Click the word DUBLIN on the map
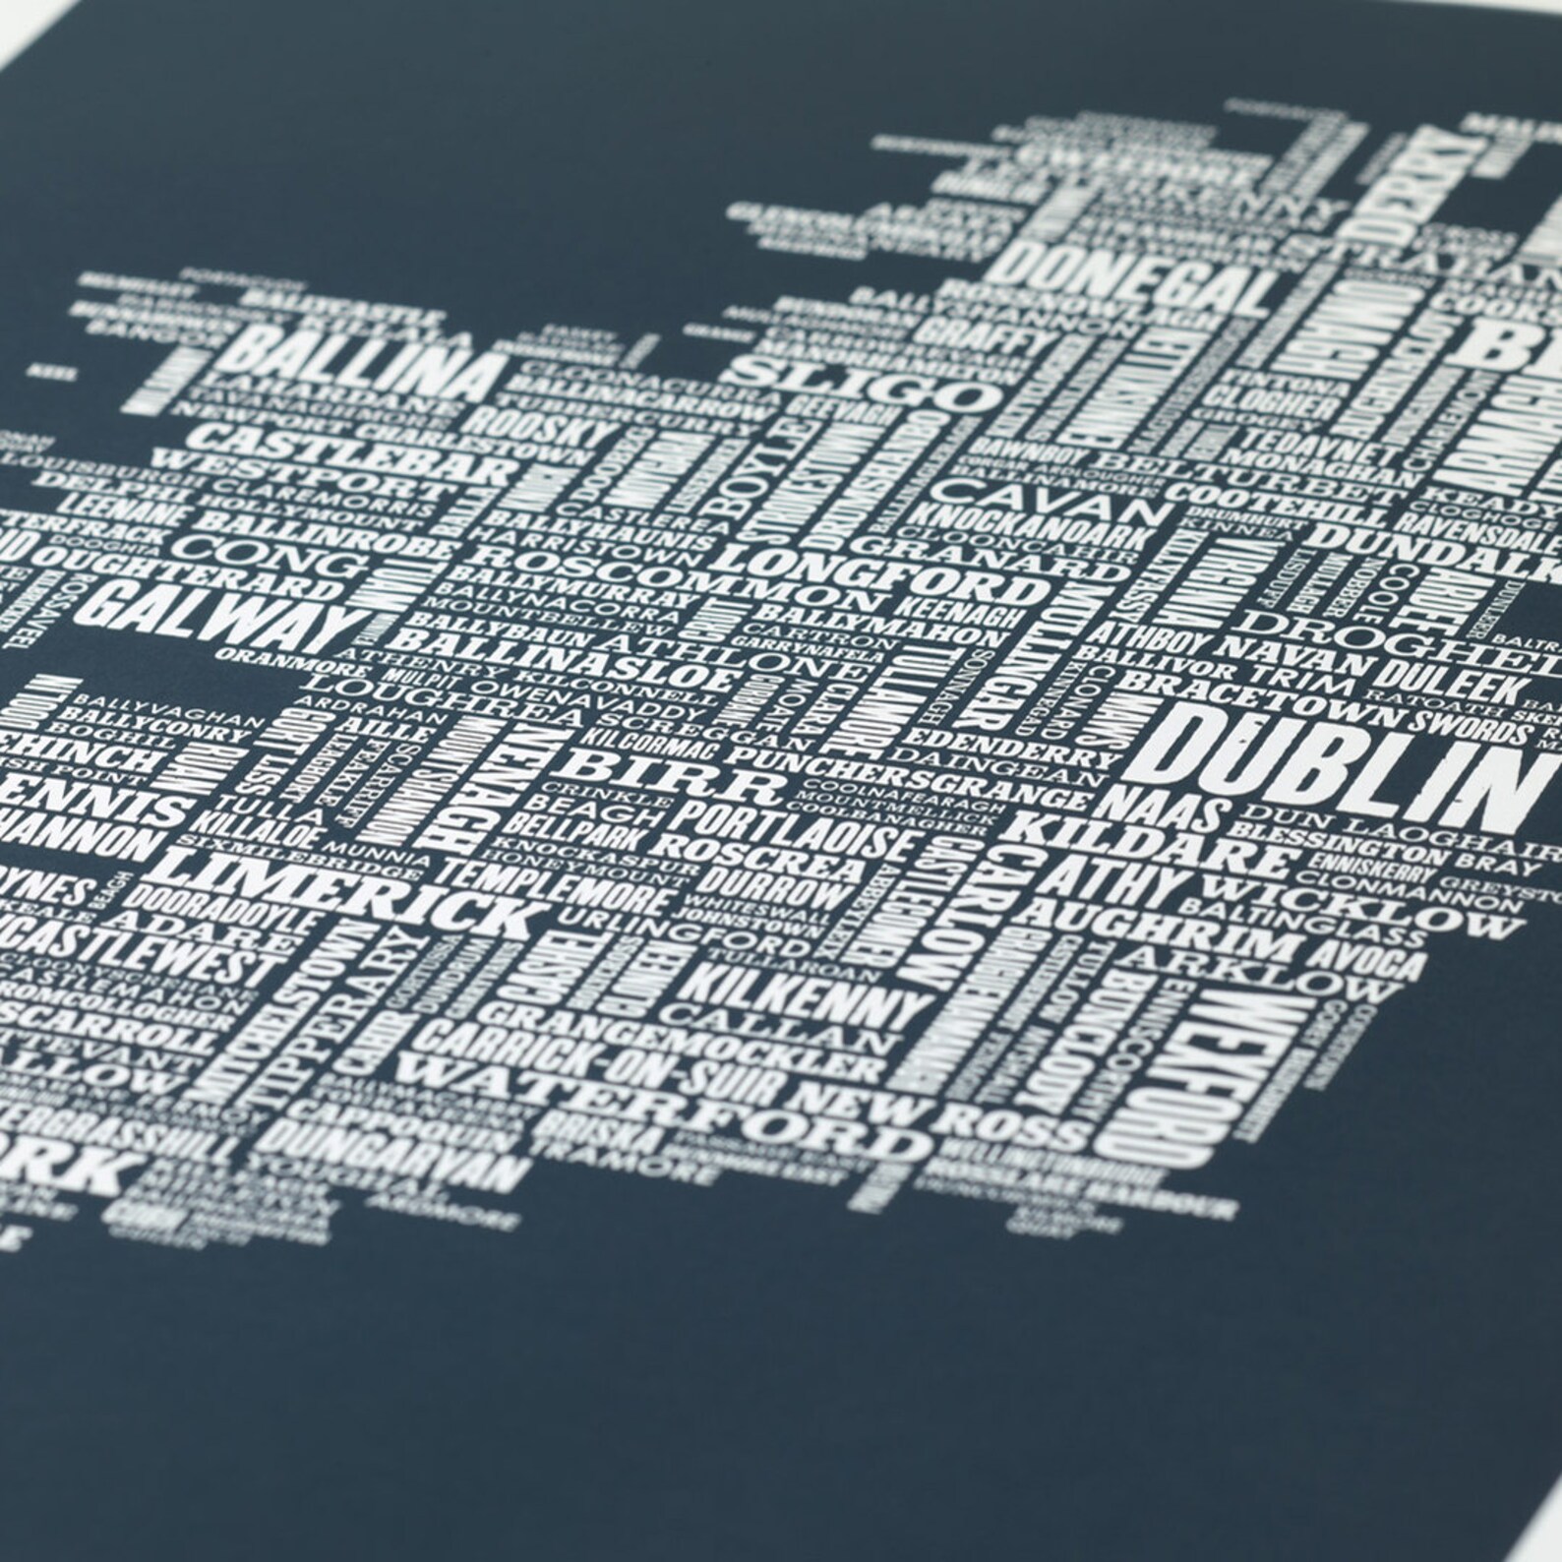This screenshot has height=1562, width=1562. point(1338,773)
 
